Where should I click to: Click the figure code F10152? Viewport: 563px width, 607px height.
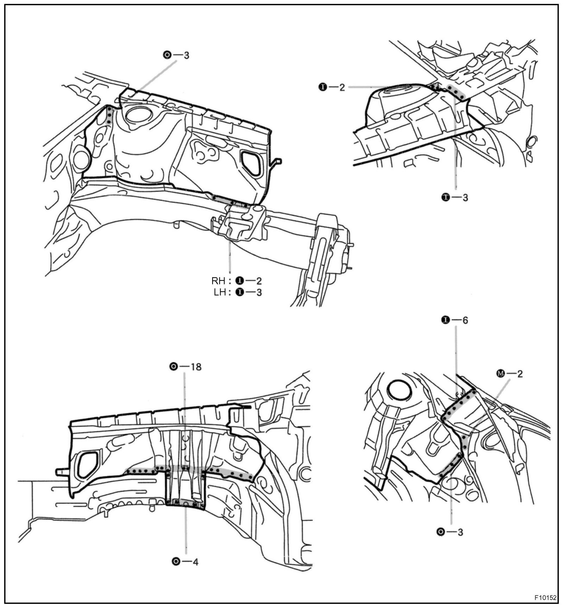545,598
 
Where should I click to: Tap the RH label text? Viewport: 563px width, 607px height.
218,281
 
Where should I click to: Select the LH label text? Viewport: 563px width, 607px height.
220,292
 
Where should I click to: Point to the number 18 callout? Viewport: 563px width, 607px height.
196,367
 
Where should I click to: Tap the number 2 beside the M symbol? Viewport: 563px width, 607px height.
520,374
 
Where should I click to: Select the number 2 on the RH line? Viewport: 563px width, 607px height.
259,281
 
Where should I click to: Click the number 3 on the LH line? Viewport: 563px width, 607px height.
259,292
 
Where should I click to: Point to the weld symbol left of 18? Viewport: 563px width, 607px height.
173,367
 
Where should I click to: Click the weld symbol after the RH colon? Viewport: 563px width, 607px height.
240,281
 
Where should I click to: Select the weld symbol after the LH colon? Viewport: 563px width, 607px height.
240,292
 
